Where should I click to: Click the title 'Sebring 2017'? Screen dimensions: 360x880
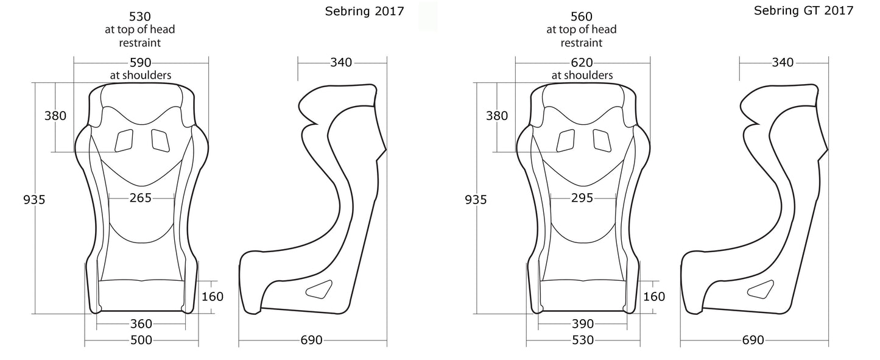point(364,12)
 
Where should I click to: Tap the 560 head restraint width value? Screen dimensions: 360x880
point(582,16)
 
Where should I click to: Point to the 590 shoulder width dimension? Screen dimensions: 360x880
point(141,63)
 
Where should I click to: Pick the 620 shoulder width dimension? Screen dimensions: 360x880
point(582,63)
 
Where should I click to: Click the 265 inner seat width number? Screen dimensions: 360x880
point(141,197)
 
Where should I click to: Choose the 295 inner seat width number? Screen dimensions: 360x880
point(582,197)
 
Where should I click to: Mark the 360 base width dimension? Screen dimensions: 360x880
point(141,323)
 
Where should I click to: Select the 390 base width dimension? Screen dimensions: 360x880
point(582,323)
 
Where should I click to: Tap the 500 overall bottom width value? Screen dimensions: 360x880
point(141,340)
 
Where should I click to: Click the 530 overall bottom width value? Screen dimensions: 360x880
point(582,340)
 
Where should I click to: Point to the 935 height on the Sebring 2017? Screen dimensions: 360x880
point(34,199)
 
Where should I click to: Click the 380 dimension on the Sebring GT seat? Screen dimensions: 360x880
point(497,116)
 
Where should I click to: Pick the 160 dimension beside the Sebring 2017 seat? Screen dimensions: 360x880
point(212,297)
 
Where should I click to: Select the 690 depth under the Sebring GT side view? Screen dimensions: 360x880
point(753,340)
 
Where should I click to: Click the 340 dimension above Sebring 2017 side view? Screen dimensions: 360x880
point(341,62)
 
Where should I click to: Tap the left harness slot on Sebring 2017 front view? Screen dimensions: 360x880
point(124,141)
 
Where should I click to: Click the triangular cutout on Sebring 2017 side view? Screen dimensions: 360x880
point(319,289)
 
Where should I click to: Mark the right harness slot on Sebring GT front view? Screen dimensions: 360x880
point(603,141)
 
